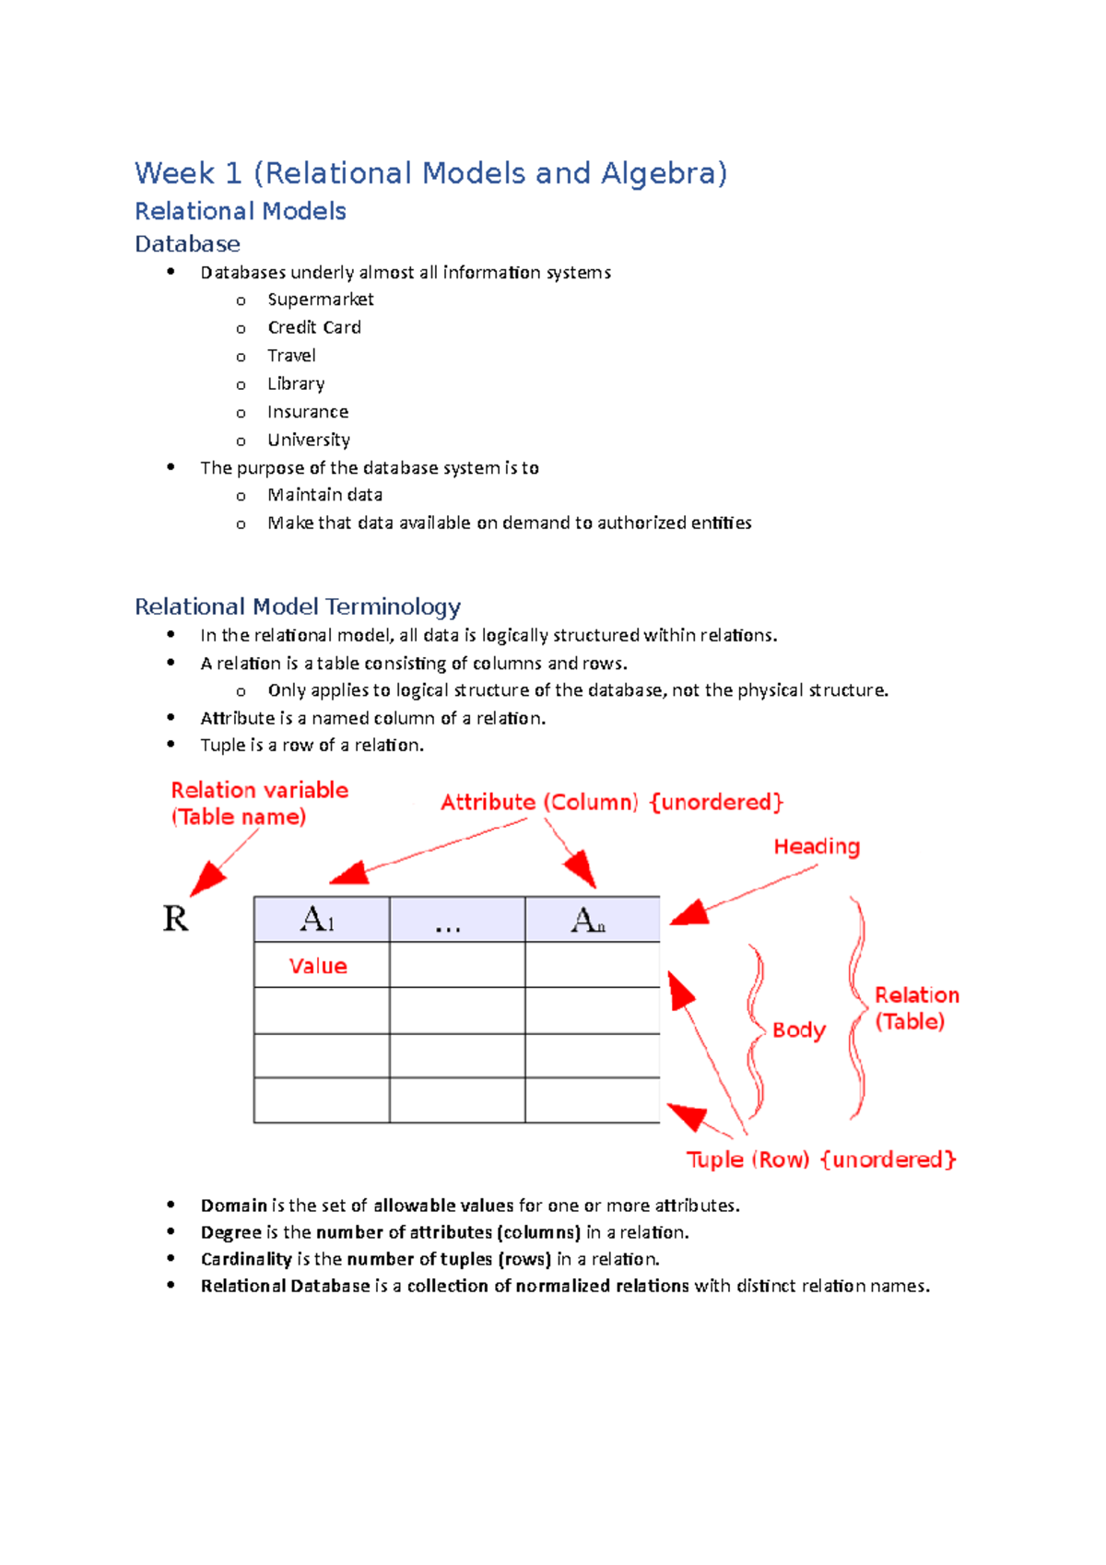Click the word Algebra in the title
click(663, 173)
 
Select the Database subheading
click(187, 244)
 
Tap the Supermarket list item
click(320, 300)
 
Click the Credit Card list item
click(313, 327)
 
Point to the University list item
click(308, 440)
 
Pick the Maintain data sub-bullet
click(324, 495)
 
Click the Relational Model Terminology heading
click(297, 606)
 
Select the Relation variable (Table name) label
click(258, 803)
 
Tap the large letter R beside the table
click(175, 919)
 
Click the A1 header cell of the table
click(320, 920)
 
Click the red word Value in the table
click(318, 966)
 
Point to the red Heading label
click(817, 846)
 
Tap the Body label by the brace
click(798, 1030)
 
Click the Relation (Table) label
click(915, 1008)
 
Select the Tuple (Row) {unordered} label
click(820, 1159)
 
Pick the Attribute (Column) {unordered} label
click(612, 802)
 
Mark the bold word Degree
click(231, 1232)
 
